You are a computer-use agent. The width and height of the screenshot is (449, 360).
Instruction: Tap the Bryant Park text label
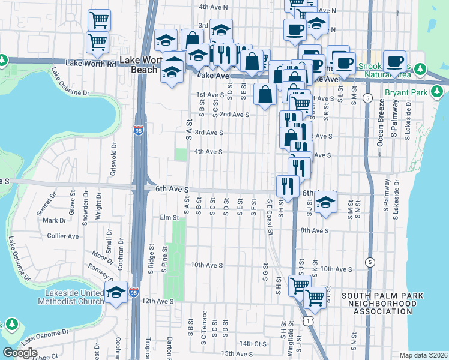tap(406, 93)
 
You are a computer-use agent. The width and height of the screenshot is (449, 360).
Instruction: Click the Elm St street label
tap(170, 217)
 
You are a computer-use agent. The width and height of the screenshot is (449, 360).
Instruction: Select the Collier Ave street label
tap(63, 236)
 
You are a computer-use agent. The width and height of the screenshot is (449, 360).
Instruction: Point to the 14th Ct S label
tap(253, 344)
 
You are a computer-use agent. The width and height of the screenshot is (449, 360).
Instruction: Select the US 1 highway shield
tap(307, 322)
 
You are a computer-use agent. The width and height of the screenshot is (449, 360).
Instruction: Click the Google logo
tap(20, 353)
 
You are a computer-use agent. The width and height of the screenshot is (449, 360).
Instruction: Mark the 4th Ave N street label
tap(214, 7)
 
